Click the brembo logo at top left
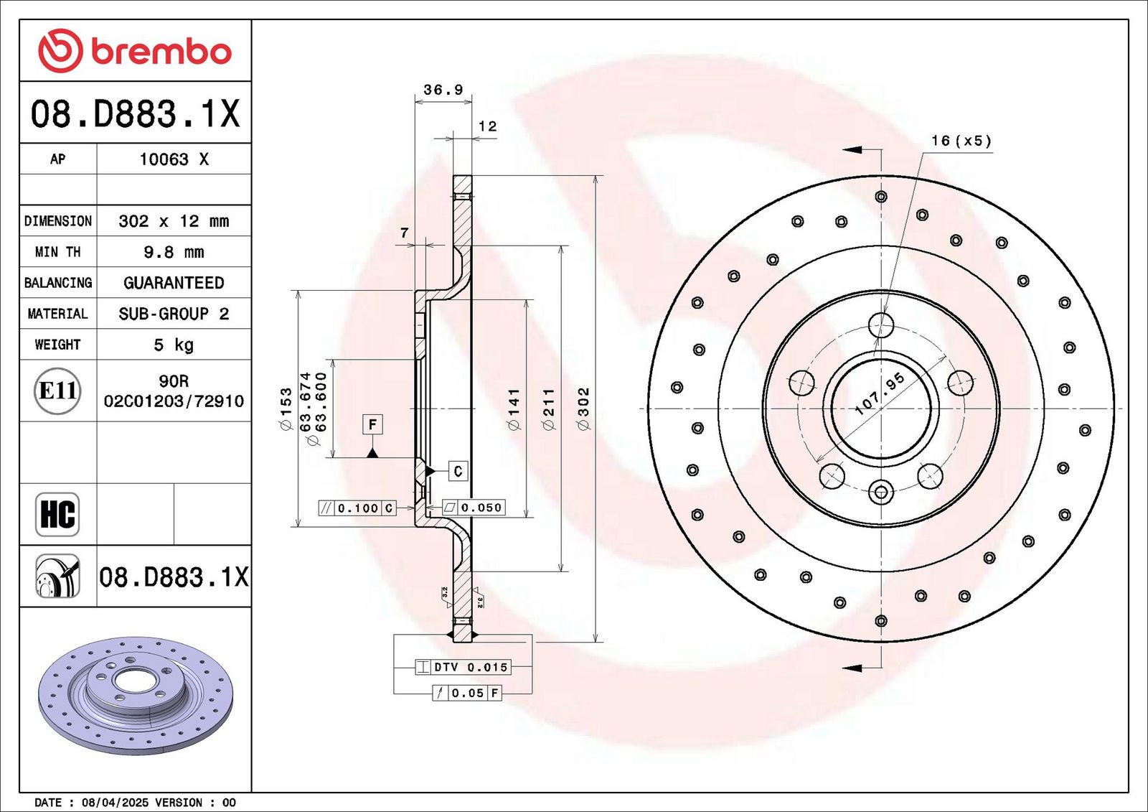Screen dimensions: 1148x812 tap(135, 51)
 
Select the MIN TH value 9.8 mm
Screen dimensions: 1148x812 tap(173, 252)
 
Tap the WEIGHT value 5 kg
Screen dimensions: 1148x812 tap(173, 345)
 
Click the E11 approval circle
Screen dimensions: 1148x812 tap(57, 391)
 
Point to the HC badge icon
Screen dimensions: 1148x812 tap(57, 514)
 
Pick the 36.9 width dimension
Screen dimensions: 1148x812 tap(443, 90)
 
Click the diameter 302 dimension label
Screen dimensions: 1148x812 tap(584, 409)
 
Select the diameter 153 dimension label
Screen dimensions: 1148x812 tap(285, 409)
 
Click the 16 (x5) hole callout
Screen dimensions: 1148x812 tap(961, 141)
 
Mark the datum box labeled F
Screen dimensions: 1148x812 tap(372, 425)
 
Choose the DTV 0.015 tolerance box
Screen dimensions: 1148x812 tap(463, 668)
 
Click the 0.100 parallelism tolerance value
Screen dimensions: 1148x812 tap(358, 508)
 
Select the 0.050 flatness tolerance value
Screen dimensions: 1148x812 tap(481, 508)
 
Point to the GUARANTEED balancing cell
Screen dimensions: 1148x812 tap(174, 283)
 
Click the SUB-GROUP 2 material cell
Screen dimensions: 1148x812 tap(174, 314)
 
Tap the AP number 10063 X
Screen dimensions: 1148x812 tap(174, 159)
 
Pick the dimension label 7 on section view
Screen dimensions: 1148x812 tap(405, 233)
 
